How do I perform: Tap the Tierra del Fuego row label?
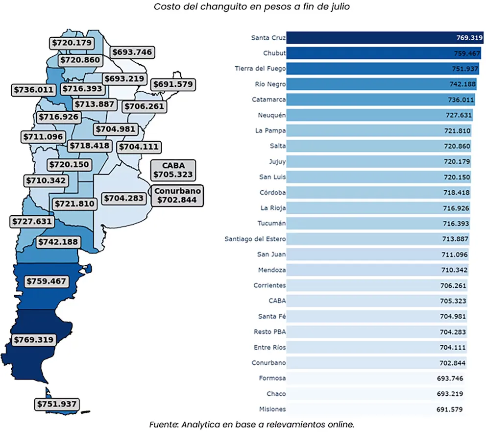pyautogui.click(x=260, y=69)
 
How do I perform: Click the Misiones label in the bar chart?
pyautogui.click(x=272, y=409)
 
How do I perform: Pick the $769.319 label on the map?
pyautogui.click(x=34, y=339)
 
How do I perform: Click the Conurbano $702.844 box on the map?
pyautogui.click(x=178, y=195)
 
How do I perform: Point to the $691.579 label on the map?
pyautogui.click(x=173, y=84)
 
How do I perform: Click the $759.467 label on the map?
pyautogui.click(x=47, y=281)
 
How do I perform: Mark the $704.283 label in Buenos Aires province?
pyautogui.click(x=123, y=198)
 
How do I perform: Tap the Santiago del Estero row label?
pyautogui.click(x=255, y=239)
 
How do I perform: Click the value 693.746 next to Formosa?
pyautogui.click(x=450, y=378)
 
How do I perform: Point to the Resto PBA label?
pyautogui.click(x=270, y=332)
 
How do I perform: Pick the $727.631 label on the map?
pyautogui.click(x=31, y=221)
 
